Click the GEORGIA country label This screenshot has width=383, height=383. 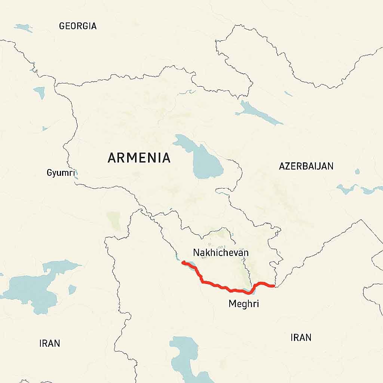click(x=78, y=26)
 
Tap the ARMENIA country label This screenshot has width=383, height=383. click(x=139, y=158)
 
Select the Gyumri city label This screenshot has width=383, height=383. click(x=61, y=173)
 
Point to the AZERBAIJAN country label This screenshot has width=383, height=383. click(x=306, y=166)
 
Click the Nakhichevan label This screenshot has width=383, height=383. click(x=221, y=252)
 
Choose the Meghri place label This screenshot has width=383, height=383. click(x=243, y=304)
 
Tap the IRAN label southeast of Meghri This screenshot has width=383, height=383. click(x=301, y=337)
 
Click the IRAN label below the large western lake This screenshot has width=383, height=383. click(x=49, y=343)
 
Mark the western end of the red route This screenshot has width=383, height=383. click(x=183, y=263)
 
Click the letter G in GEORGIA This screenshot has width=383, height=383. click(x=62, y=26)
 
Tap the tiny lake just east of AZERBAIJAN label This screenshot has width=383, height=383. click(x=357, y=172)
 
